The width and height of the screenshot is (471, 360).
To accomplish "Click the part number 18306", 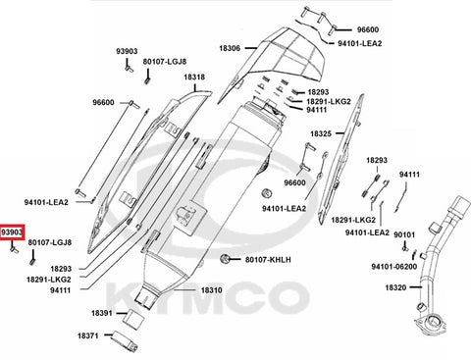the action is point(230,48).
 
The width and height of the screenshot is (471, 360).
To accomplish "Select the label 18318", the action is point(194,77).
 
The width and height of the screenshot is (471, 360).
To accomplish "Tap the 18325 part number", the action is point(321,133).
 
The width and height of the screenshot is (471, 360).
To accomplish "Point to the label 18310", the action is point(211,290).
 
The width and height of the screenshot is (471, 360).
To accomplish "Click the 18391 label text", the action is point(102,313).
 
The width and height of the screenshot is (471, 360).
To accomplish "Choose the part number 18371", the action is point(88,335).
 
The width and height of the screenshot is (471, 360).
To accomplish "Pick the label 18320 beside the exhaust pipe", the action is point(395,287).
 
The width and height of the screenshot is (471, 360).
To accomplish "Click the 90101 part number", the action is point(404,234).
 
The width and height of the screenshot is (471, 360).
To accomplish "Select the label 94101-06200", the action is point(394,267).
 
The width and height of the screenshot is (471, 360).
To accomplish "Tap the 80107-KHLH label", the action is point(268,260).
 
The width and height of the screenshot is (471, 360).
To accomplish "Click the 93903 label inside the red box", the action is point(12,232).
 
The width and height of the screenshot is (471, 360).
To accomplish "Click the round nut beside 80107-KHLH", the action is point(225,259).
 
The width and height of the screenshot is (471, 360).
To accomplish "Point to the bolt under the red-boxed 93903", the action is point(14,249).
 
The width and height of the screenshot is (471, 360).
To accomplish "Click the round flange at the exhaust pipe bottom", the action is point(431,323).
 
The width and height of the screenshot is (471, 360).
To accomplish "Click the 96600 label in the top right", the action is point(368,29).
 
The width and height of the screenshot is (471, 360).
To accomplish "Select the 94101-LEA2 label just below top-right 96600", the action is point(359,43).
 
